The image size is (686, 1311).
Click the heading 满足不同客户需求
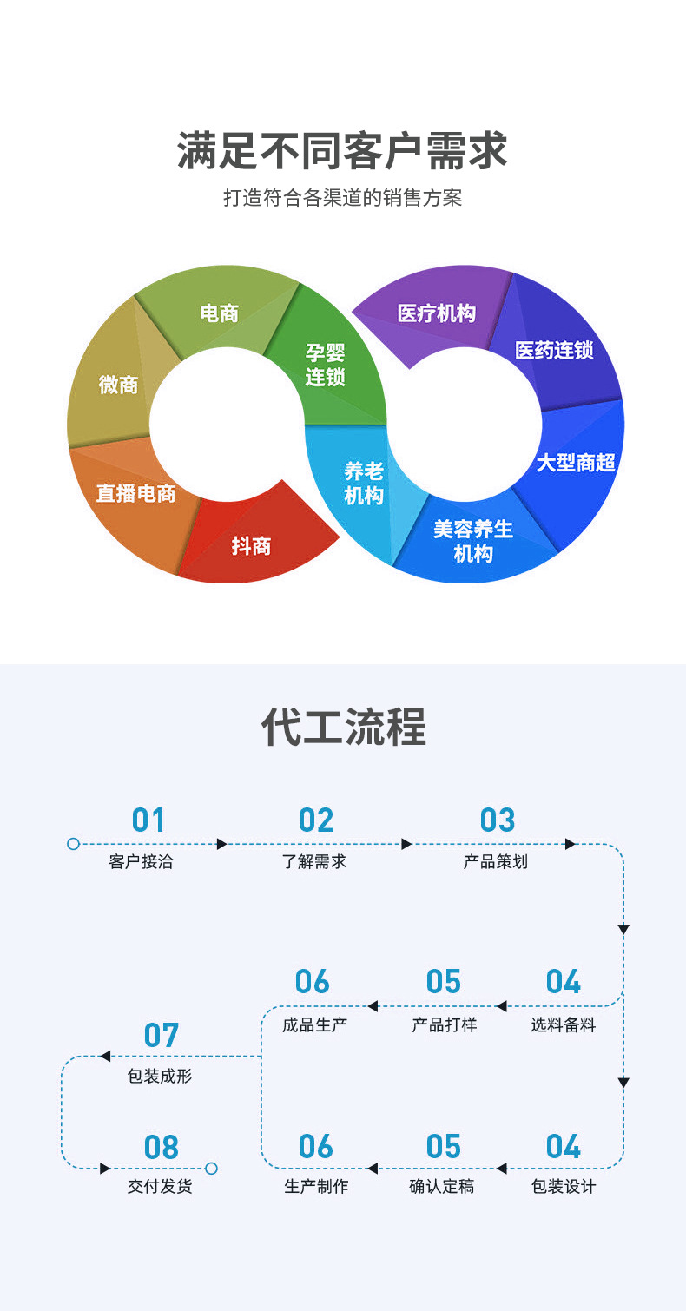[342, 150]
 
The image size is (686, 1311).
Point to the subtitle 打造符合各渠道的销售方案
[342, 198]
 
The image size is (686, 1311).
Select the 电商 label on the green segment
[219, 313]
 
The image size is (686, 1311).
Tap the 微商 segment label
[118, 385]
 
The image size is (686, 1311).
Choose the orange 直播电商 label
[135, 494]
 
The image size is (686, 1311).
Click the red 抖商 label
[251, 546]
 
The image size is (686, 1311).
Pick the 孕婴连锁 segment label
[325, 365]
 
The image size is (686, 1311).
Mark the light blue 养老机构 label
[363, 484]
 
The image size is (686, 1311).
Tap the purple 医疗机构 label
[436, 313]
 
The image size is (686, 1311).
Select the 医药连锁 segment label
[554, 351]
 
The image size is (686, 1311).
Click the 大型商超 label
[575, 463]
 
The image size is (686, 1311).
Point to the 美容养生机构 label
[473, 541]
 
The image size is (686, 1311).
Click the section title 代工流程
[343, 728]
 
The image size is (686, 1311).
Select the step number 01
[148, 820]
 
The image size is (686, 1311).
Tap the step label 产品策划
[495, 862]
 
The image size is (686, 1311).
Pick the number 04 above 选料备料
[563, 983]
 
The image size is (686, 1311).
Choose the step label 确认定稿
[442, 1187]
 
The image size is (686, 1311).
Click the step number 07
[162, 1036]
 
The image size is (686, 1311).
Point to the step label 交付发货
[160, 1187]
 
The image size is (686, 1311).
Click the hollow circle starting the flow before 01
[73, 844]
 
